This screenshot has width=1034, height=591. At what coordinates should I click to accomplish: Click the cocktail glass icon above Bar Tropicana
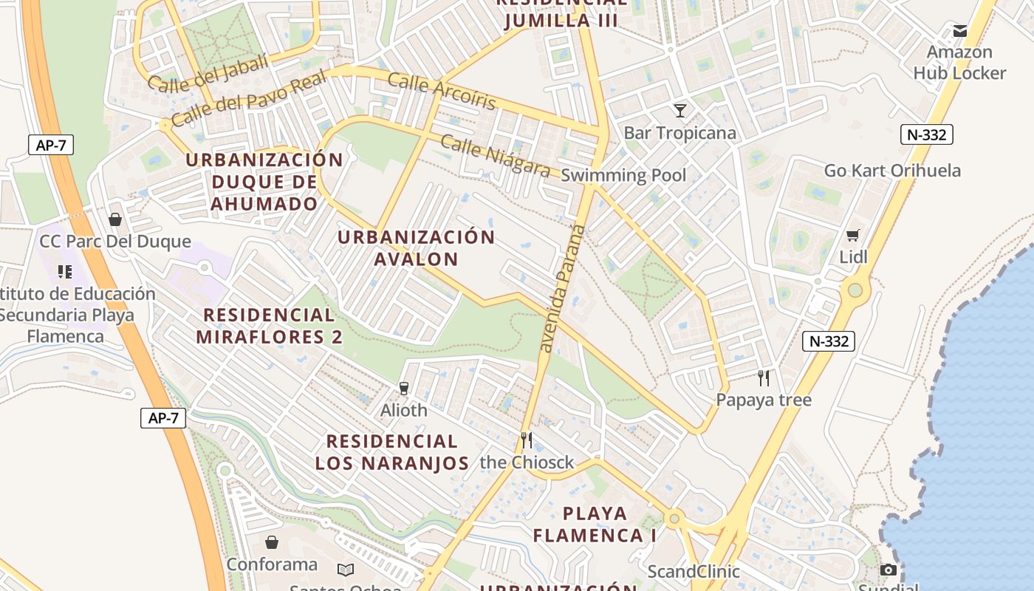[x=680, y=111]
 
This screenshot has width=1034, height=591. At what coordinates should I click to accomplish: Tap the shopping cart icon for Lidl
[x=853, y=236]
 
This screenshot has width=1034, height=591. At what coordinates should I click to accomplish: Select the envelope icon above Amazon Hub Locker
[x=959, y=30]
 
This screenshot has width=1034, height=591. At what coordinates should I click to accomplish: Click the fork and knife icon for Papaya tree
[x=764, y=378]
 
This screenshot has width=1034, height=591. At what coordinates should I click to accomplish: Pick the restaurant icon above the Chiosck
[x=527, y=440]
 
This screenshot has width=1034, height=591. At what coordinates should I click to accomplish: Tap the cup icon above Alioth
[x=403, y=388]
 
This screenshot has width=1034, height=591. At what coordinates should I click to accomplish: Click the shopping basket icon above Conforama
[x=272, y=542]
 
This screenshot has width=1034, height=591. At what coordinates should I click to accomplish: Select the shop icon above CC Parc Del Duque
[x=115, y=219]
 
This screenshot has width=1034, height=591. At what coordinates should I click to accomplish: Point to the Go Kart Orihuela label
[x=892, y=171]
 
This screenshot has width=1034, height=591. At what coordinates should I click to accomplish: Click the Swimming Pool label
[x=623, y=175]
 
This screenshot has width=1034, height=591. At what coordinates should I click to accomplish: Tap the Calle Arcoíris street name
[x=442, y=92]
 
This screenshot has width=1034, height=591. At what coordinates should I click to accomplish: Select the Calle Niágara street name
[x=495, y=155]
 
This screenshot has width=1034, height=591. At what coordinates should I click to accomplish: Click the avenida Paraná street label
[x=562, y=288]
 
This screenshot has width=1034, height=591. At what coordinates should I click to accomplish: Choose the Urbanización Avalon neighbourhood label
[x=416, y=247]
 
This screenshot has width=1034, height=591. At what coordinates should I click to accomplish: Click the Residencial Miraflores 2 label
[x=269, y=326]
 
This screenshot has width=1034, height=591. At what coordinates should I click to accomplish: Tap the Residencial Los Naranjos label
[x=392, y=452]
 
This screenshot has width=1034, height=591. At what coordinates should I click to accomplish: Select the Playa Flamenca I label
[x=595, y=524]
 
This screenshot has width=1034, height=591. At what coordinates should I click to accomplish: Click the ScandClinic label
[x=693, y=571]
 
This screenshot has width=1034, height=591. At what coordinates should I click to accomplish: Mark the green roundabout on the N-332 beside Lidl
[x=855, y=290]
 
